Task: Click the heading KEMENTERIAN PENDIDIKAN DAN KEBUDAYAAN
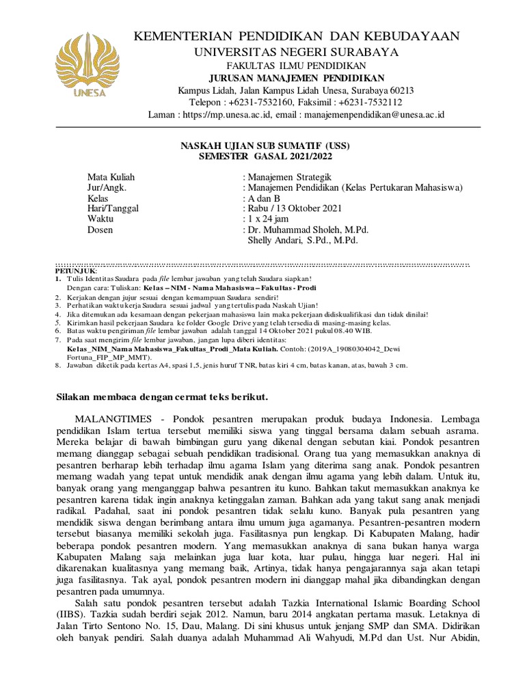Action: tap(297, 36)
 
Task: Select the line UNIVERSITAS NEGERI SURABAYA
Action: tap(297, 53)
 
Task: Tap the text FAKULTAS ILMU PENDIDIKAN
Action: tap(297, 66)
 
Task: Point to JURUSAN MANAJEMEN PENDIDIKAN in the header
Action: tap(297, 79)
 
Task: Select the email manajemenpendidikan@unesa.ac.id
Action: tap(375, 115)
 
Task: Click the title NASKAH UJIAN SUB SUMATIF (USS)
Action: tap(269, 146)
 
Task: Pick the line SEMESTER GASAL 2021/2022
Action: tap(269, 156)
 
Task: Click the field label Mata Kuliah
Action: tap(107, 177)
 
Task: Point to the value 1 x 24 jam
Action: tap(266, 219)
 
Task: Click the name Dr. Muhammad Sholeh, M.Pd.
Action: tap(301, 230)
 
